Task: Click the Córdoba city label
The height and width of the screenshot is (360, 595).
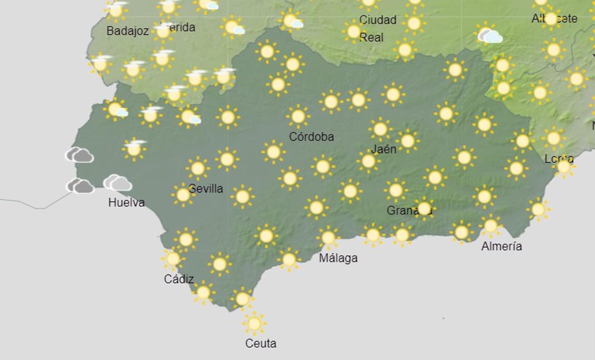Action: pos(311,136)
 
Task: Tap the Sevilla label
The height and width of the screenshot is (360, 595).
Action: pos(206,189)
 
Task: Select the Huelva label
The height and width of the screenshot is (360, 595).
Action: pos(126,202)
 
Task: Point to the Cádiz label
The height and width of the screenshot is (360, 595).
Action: pos(179,279)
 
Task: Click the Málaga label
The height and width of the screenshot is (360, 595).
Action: pos(338,258)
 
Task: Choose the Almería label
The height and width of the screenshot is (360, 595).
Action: pos(501,246)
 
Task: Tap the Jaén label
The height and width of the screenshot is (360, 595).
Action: pos(384,149)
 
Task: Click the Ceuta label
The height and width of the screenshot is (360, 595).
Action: pos(261,343)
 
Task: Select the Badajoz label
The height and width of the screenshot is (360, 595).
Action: pos(127,31)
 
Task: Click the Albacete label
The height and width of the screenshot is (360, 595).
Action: pos(554,19)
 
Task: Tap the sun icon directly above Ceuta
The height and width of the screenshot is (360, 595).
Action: pos(254,324)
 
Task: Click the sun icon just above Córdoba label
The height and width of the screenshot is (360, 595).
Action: pos(298,117)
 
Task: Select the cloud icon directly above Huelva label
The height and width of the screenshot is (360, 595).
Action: pos(118,183)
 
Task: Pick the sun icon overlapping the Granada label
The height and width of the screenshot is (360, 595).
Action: pos(424,208)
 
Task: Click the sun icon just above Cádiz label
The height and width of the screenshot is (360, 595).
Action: pos(173,258)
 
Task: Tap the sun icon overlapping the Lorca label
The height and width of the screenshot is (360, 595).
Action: pos(564,167)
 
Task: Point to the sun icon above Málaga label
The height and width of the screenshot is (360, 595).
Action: pos(328,238)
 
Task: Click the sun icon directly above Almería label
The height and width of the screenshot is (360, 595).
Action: pos(490,226)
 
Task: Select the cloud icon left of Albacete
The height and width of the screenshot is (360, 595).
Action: pos(489,35)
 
